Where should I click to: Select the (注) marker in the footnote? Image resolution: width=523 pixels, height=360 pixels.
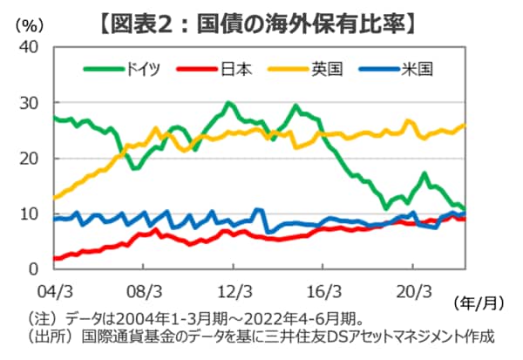(x=42, y=318)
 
